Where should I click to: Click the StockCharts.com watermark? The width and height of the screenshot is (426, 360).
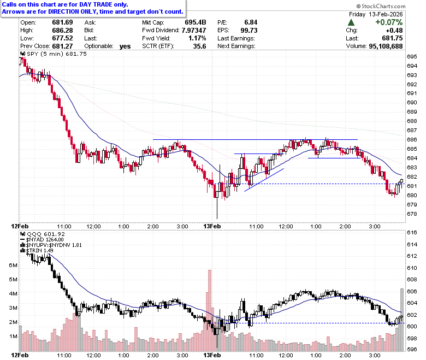pos(381,6)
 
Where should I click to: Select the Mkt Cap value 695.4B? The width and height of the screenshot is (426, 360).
pos(196,22)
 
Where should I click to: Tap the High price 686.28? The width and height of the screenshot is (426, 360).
pos(62,30)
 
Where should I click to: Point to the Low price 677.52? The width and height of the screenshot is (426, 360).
pos(62,38)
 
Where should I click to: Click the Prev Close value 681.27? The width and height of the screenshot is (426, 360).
pos(62,46)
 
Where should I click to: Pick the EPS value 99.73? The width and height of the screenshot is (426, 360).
pos(249,30)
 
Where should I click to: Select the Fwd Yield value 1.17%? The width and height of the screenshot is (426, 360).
pos(197,38)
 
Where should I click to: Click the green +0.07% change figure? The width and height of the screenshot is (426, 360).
pos(389,22)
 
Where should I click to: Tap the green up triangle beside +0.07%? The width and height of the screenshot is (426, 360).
pos(351,22)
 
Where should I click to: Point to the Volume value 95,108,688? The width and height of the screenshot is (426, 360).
pos(386,46)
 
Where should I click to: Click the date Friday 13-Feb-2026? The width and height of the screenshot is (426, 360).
pos(376,14)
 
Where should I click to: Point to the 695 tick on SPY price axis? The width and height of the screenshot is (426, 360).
pos(412,56)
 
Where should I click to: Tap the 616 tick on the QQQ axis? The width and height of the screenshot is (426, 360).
pos(412,232)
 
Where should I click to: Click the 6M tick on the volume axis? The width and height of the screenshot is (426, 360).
pos(13,265)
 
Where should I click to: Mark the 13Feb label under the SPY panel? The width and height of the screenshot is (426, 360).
pos(212,226)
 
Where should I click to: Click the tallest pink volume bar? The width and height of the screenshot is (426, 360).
pos(210,310)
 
